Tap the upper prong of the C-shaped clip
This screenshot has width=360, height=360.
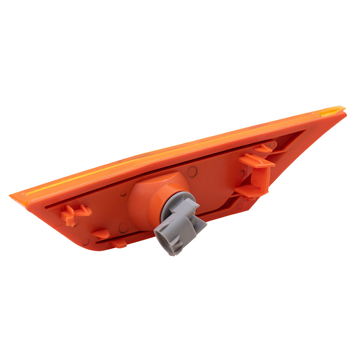pos(256,161)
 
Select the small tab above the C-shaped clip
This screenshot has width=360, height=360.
pos(265,147)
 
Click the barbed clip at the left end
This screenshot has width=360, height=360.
pos(74,214)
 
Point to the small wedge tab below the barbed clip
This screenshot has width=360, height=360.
pos(101,234)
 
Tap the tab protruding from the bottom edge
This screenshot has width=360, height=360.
pos(119,244)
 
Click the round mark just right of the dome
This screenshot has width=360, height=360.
pos(193,172)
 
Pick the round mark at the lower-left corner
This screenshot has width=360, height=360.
pos(86,242)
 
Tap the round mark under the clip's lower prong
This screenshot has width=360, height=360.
pos(240,206)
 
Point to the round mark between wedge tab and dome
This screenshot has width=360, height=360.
pos(123,227)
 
